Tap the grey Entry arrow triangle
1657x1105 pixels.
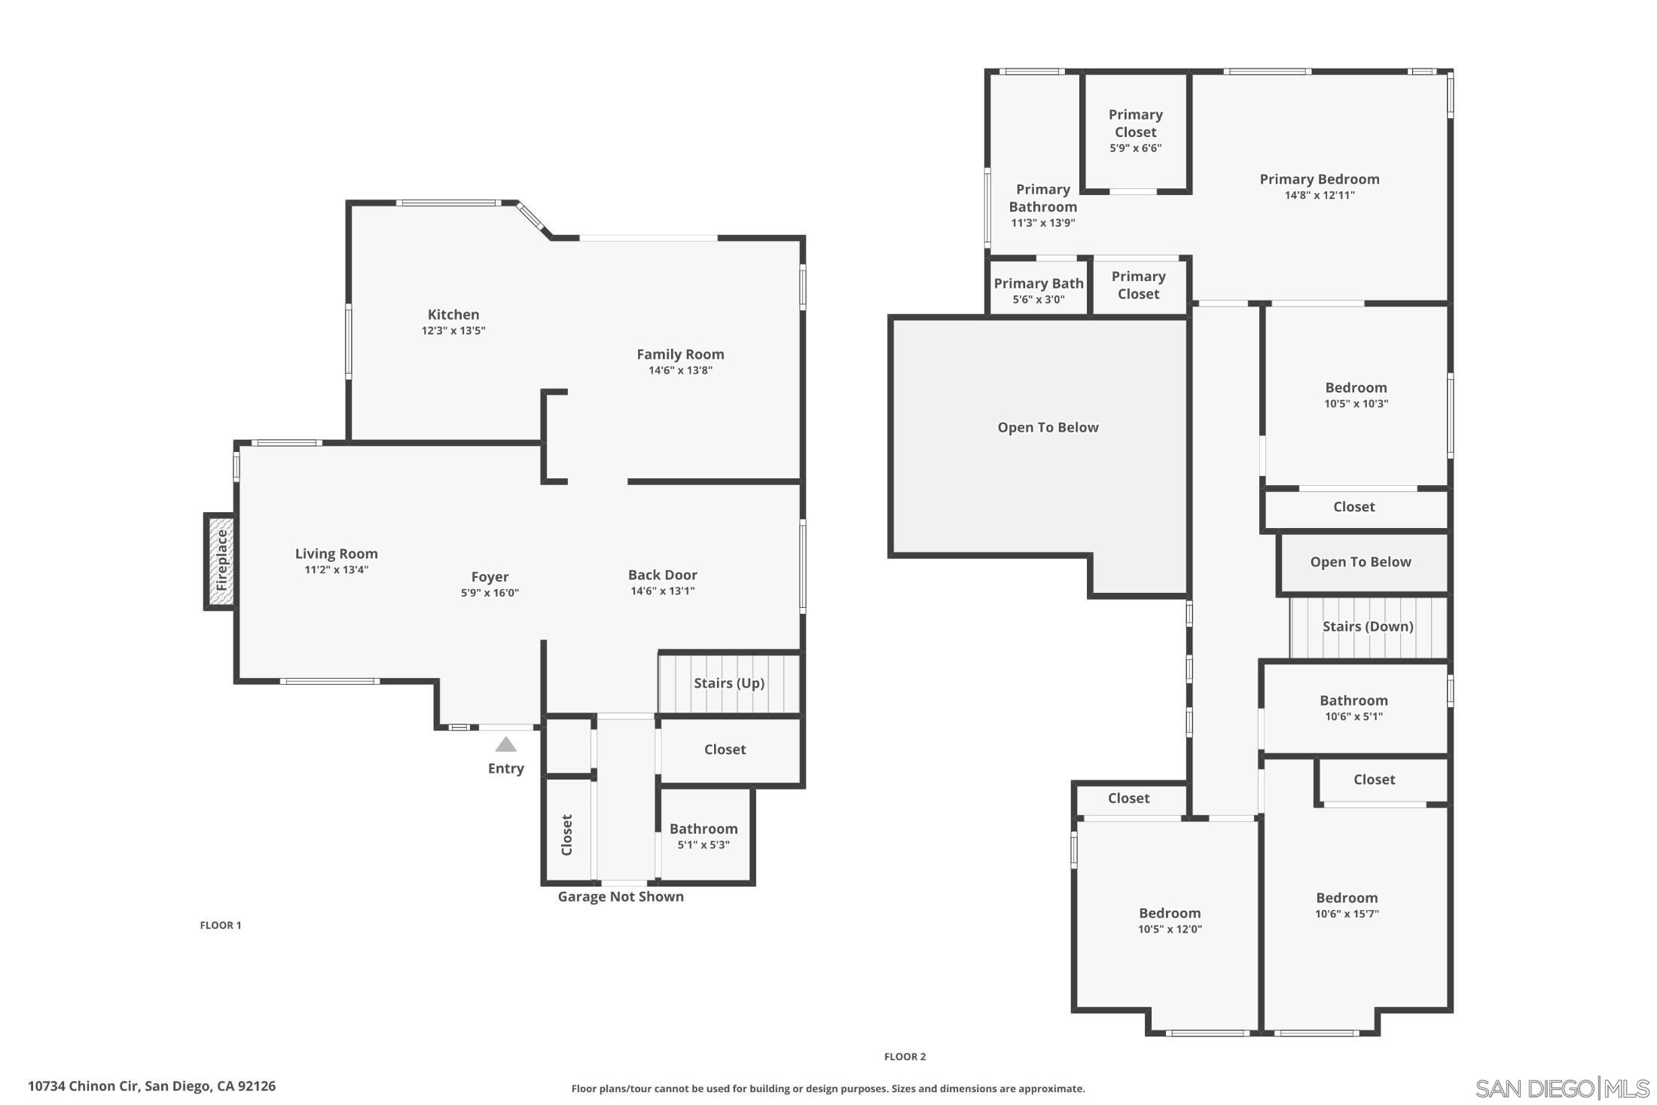(505, 745)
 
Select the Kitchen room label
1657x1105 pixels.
(453, 315)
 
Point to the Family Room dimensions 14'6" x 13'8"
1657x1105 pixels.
(680, 371)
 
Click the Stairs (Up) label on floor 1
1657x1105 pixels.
(728, 683)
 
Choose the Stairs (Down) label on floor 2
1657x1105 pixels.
(1367, 627)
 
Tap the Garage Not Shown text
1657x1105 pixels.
(621, 896)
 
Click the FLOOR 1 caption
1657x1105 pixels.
(221, 925)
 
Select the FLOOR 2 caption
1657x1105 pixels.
(905, 1057)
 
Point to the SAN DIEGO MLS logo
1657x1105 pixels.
(1561, 1088)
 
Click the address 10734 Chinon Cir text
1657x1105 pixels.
(151, 1086)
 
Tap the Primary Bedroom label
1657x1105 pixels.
(1320, 179)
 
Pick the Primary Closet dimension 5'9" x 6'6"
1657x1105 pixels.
(1135, 148)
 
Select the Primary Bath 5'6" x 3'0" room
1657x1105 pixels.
(1038, 290)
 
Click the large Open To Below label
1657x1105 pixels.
(1048, 428)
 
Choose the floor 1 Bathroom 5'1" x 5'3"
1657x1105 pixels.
(703, 836)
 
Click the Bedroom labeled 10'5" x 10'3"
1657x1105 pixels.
(1356, 395)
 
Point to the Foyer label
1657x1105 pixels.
(490, 577)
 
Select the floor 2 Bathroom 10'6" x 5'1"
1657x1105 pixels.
(1353, 708)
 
